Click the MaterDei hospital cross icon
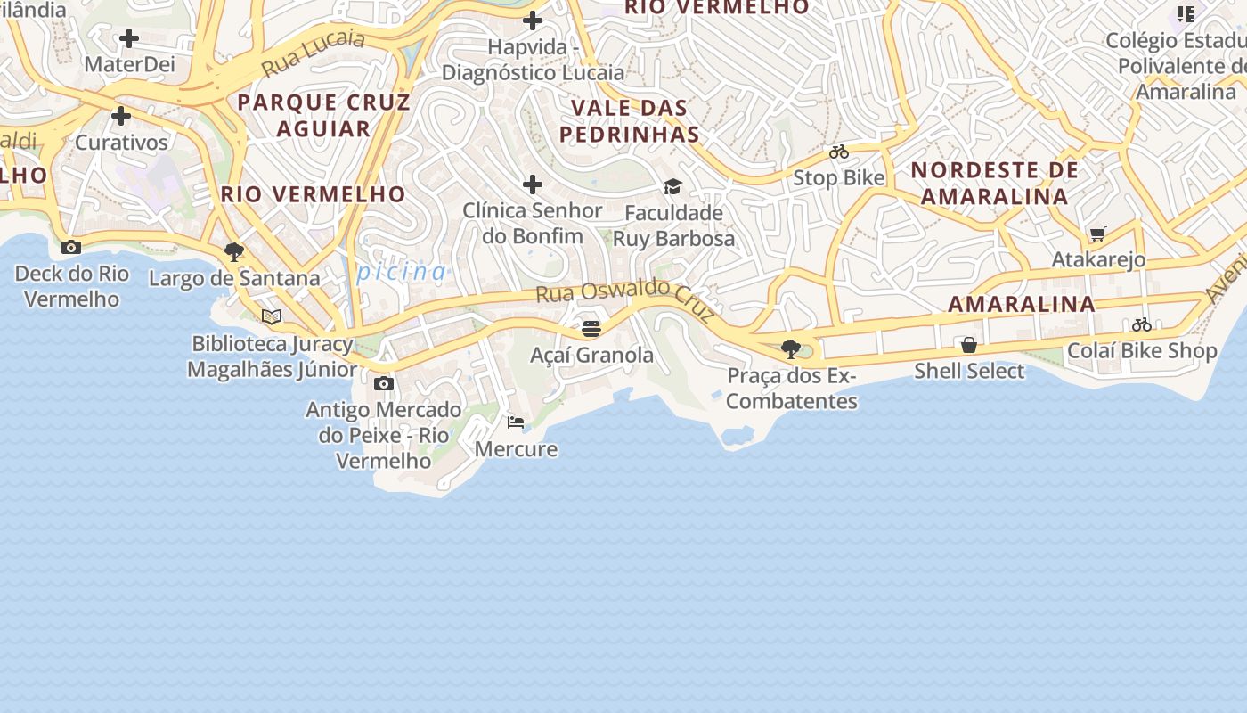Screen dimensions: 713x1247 (129, 38)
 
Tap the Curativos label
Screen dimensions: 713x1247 (121, 143)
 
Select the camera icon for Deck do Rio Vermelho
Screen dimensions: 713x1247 (71, 247)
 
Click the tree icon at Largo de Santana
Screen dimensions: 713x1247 (234, 252)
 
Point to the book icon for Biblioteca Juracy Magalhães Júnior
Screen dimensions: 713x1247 (272, 316)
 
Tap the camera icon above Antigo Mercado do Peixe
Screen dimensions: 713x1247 (384, 383)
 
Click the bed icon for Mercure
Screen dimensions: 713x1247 (516, 422)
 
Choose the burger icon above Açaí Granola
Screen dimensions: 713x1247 (591, 329)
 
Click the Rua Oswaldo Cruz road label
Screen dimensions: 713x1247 (625, 299)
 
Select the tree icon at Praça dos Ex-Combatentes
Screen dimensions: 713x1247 (790, 348)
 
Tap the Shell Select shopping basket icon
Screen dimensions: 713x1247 (969, 344)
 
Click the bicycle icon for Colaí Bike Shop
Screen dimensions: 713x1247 (1142, 324)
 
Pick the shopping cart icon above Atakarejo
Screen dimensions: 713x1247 (1098, 234)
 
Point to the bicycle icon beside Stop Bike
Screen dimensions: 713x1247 (839, 152)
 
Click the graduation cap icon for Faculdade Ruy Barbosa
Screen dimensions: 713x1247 (672, 186)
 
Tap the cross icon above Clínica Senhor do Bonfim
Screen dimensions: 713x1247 (533, 184)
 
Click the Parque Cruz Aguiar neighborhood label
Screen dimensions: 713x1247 (323, 115)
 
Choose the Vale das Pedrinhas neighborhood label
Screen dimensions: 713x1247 (634, 121)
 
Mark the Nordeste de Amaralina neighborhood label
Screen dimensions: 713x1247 (994, 183)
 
